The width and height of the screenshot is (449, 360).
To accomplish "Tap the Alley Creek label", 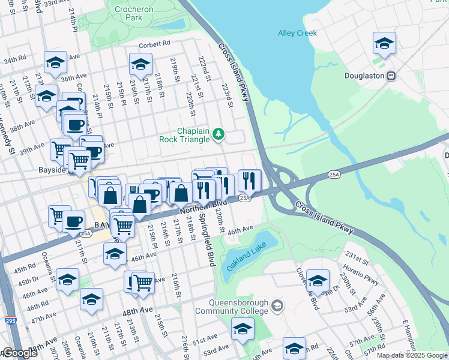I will coord(297,33).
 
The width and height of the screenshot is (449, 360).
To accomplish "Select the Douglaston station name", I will coord(364,76).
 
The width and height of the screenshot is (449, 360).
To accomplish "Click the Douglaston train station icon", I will coord(391,76).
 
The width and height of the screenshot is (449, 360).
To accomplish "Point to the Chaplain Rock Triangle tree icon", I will coord(218,134).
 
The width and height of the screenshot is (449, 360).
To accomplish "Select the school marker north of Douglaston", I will coord(384,43).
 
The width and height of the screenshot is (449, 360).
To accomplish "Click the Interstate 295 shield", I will coord(10,321).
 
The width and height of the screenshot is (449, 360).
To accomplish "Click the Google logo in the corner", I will coord(20,353).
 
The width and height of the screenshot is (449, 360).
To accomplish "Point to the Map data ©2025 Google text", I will coord(412,355).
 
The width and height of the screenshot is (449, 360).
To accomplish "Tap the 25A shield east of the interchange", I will coord(334,174).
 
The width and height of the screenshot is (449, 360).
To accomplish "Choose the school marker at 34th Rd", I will coord(55,64).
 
